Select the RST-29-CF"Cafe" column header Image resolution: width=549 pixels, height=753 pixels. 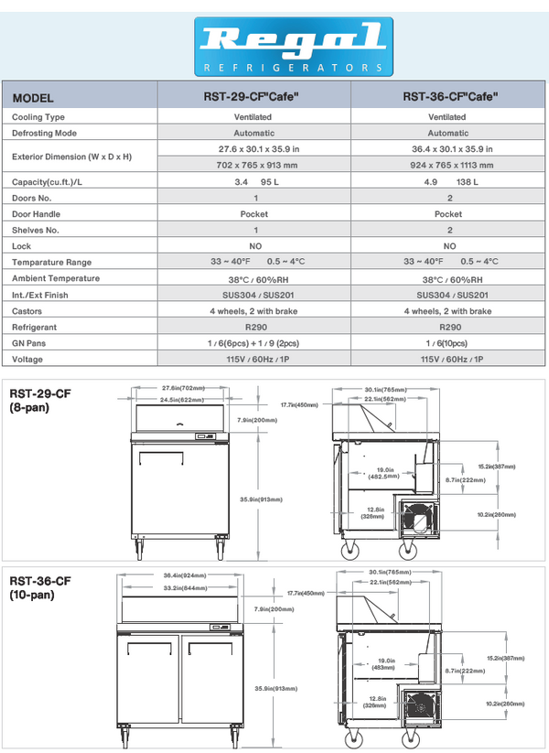(255, 97)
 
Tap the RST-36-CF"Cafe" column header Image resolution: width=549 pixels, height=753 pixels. (449, 97)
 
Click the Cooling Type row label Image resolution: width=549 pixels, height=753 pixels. (38, 117)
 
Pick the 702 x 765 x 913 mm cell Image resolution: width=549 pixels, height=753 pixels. (255, 165)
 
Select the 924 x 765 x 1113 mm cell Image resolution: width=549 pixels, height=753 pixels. (449, 165)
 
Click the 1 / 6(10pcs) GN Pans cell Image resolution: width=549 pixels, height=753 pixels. (449, 342)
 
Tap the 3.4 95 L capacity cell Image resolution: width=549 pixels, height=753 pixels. (255, 181)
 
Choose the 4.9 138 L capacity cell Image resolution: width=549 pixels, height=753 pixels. (449, 181)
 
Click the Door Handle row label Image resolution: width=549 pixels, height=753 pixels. (37, 213)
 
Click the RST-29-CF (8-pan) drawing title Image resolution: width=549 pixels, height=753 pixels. (40, 400)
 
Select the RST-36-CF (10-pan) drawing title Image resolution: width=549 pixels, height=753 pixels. (40, 587)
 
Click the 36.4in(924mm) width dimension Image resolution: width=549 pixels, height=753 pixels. (184, 576)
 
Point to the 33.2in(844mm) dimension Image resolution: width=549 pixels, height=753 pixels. (184, 587)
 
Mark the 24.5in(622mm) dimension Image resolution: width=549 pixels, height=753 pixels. (180, 400)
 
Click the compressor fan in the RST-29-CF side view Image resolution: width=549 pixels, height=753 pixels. (416, 518)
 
